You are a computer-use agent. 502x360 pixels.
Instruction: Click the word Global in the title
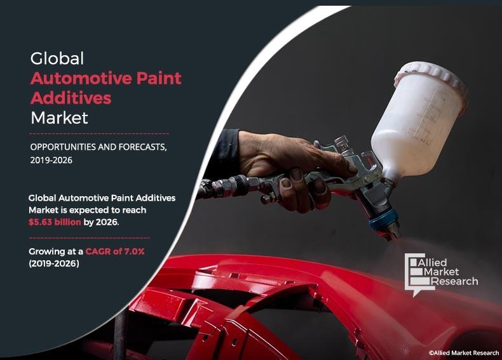coord(57,59)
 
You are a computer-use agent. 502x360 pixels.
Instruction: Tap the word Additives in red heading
coord(71,98)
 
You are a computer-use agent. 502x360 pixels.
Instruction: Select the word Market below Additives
coord(59,117)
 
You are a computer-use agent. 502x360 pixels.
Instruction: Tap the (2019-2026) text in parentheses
coord(54,263)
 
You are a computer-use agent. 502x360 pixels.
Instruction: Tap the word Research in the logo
coord(456,281)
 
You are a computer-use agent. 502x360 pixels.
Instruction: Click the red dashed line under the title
coord(98,134)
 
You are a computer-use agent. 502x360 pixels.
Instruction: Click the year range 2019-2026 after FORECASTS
coord(51,160)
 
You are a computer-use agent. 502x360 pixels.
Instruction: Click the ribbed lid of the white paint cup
coord(432,74)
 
